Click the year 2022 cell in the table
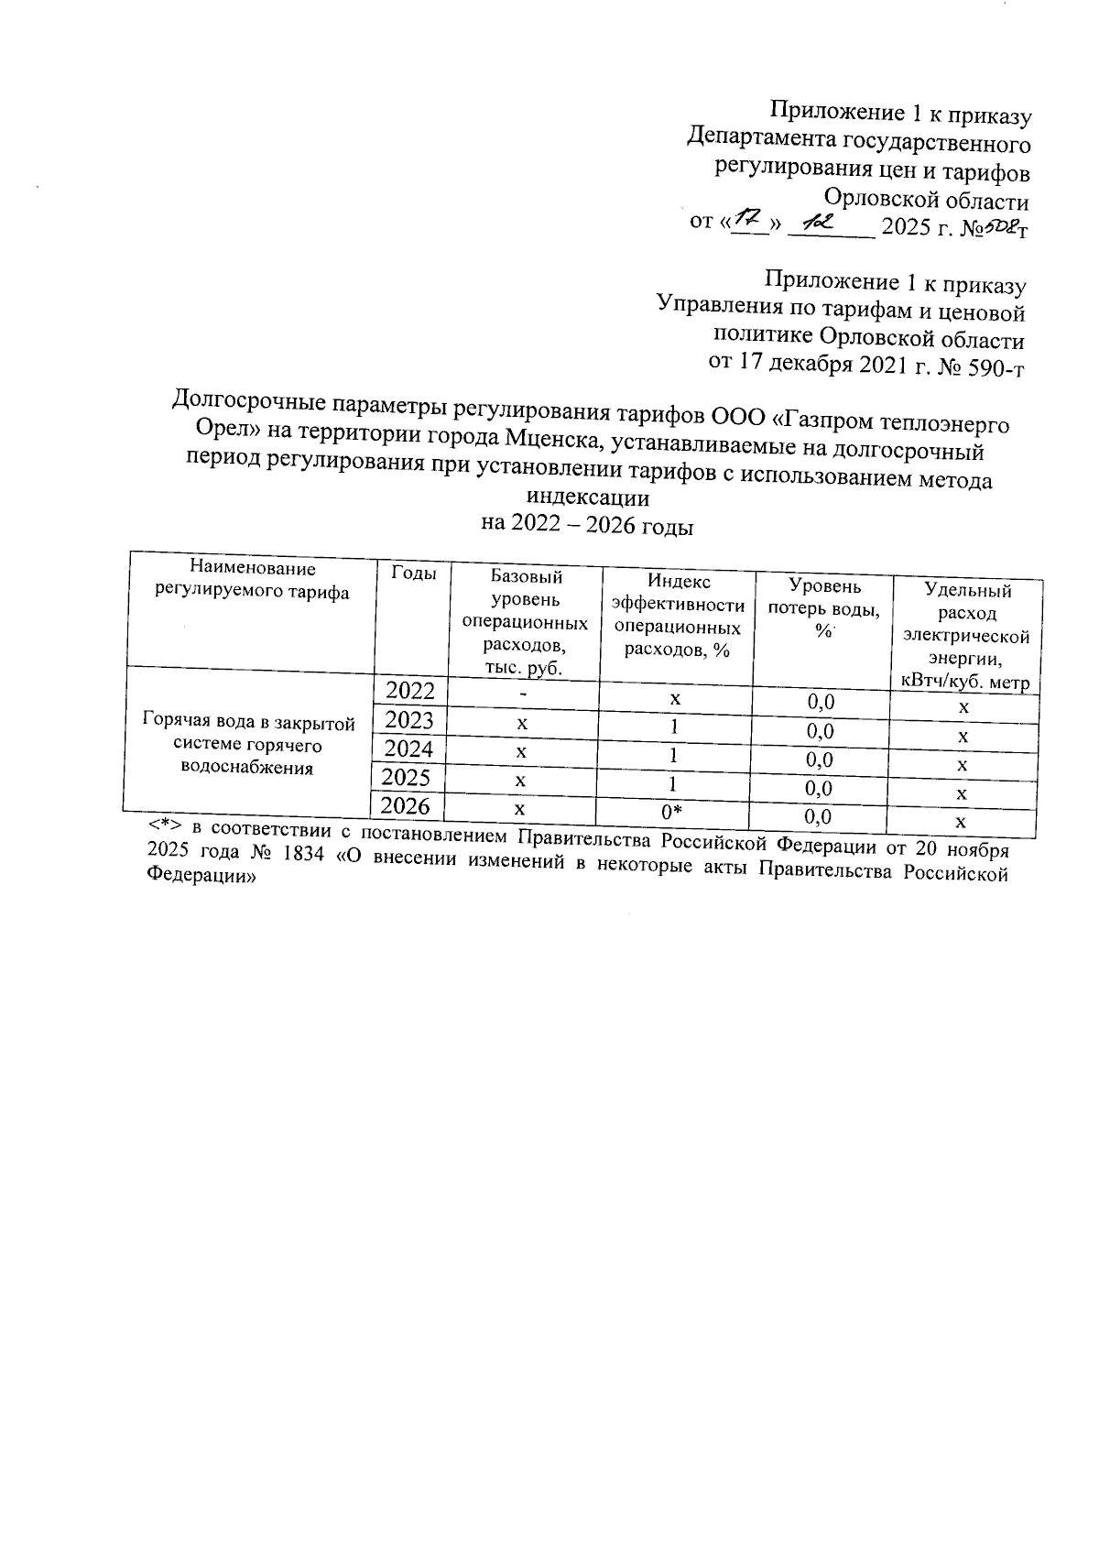tap(409, 690)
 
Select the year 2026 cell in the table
tap(406, 806)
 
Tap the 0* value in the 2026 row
tap(673, 812)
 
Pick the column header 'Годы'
tap(413, 574)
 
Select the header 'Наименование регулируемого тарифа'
tap(253, 581)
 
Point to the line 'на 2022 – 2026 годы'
tap(587, 526)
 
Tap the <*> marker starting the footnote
tap(167, 827)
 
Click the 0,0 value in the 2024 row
tap(819, 760)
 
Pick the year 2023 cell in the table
tap(408, 719)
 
